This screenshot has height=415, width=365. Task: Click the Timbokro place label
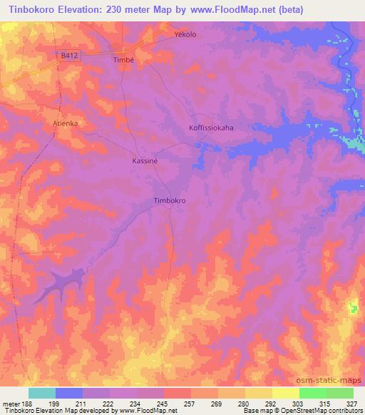(x=170, y=201)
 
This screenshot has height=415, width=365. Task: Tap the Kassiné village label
(x=145, y=161)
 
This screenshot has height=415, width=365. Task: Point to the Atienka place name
(x=65, y=123)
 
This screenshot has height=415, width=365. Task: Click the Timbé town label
(x=123, y=61)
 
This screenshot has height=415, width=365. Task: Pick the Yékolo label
(x=185, y=34)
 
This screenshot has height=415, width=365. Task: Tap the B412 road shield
(x=68, y=55)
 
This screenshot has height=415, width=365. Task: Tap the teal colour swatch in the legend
(x=42, y=393)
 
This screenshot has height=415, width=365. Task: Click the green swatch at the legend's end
(x=340, y=393)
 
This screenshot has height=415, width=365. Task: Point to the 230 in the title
(x=114, y=9)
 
